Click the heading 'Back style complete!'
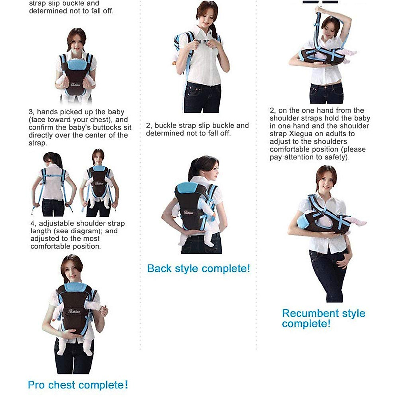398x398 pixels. pyautogui.click(x=198, y=268)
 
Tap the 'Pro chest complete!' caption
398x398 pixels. pyautogui.click(x=78, y=385)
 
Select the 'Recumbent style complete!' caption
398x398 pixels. pyautogui.click(x=323, y=318)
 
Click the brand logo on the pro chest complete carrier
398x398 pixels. pyautogui.click(x=74, y=311)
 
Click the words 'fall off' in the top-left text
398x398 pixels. pyautogui.click(x=101, y=11)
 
